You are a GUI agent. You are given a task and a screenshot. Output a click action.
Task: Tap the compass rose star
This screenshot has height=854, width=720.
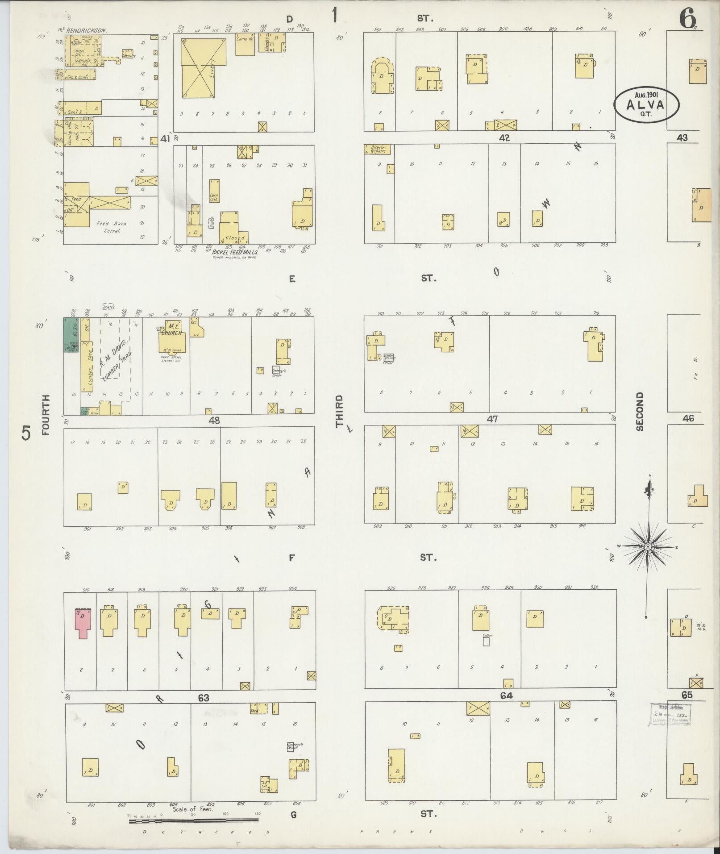point(648,546)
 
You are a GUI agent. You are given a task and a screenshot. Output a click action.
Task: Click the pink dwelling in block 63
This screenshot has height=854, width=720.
point(83,622)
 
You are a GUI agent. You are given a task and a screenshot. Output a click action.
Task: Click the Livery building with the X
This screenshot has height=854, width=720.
point(204,68)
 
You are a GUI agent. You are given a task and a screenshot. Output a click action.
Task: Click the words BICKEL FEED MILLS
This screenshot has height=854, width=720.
point(235,252)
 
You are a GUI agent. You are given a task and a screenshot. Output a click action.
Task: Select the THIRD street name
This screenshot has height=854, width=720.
point(340,410)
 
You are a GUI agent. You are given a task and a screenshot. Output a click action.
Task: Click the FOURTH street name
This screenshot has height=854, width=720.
point(46,415)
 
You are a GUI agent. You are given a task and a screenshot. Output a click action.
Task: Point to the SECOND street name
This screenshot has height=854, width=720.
point(640,411)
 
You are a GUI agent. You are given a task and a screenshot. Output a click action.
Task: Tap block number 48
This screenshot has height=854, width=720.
point(214,420)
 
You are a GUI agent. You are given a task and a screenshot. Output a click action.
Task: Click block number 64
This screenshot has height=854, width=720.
point(506,696)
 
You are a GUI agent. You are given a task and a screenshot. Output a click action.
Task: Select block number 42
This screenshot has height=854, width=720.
point(504,138)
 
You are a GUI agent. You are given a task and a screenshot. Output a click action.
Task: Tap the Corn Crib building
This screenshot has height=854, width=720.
point(214,191)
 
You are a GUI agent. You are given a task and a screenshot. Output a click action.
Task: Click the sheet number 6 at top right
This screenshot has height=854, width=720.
point(687,19)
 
